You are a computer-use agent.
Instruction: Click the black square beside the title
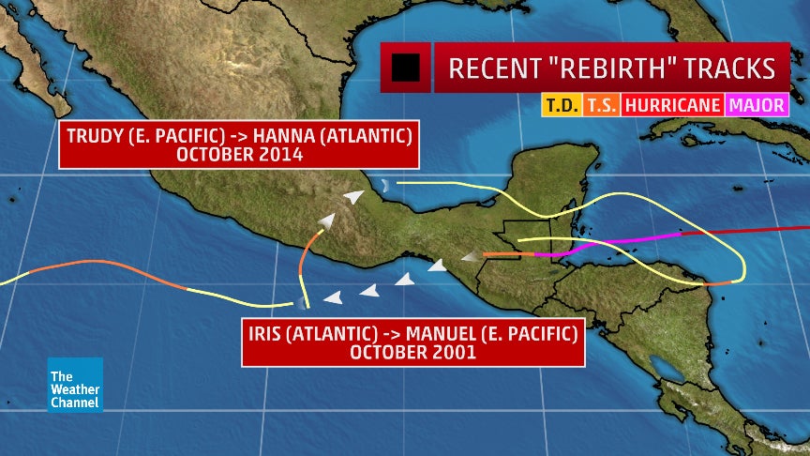[406, 68]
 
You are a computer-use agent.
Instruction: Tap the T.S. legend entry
[601, 105]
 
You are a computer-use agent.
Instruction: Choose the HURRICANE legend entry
[672, 105]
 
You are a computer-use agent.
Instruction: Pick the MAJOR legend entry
[757, 105]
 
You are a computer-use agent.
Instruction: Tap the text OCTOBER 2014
[239, 155]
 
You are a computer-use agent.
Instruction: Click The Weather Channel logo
[75, 384]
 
